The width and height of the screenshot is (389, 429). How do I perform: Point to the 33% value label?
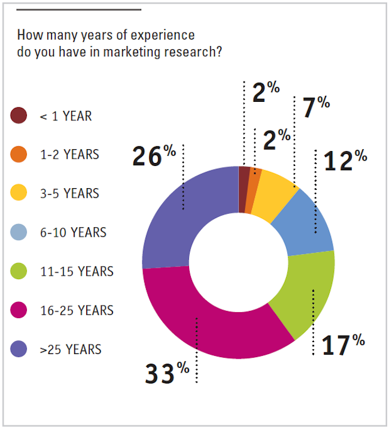[167, 373]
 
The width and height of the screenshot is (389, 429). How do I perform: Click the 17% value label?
[343, 345]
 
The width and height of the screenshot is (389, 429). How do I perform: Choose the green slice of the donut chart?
[305, 294]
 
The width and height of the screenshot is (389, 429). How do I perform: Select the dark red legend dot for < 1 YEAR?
[19, 116]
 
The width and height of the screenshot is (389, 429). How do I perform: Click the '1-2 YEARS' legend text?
[69, 155]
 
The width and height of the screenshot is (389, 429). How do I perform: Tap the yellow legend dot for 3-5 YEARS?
[19, 194]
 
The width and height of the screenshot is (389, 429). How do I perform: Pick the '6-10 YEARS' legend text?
[73, 232]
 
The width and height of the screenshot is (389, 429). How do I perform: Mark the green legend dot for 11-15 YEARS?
[19, 271]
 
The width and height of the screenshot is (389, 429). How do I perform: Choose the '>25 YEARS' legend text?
[71, 349]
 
